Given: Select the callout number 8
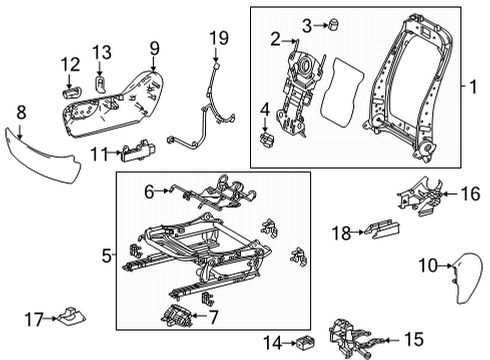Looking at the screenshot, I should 21,113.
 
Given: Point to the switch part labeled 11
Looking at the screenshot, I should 138,151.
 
